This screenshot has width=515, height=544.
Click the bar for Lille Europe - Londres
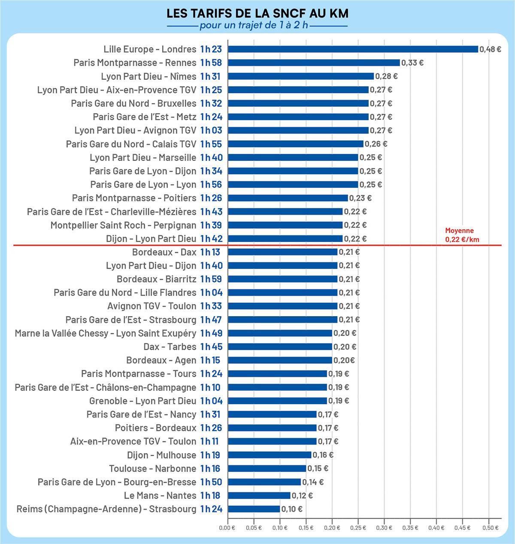point(353,49)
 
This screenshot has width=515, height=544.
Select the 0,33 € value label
point(412,63)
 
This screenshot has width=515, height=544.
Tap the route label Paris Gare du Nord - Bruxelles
point(133,103)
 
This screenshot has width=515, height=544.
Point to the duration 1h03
point(211,130)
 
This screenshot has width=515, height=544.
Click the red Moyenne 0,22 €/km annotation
point(462,235)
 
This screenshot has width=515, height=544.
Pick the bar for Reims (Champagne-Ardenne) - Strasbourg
point(254,509)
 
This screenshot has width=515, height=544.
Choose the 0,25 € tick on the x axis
point(358,527)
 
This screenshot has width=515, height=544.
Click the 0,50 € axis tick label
point(491,527)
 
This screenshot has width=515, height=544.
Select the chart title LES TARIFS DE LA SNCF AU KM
point(257,13)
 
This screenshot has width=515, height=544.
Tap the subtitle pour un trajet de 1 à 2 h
point(254,25)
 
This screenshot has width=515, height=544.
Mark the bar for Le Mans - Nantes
point(259,496)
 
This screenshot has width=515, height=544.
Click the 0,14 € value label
point(313,482)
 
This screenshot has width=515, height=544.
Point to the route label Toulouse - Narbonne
point(152,468)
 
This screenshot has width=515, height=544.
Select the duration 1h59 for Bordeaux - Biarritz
point(211,279)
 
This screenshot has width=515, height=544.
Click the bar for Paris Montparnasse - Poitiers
point(288,198)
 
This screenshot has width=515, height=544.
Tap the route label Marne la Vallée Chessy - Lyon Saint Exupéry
point(105,333)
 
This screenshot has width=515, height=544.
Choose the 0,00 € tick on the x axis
point(227,527)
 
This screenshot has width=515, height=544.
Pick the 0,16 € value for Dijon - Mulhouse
point(323,455)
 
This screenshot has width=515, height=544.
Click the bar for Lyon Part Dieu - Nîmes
point(300,76)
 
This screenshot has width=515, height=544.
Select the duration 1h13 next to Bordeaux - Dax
point(210,252)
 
